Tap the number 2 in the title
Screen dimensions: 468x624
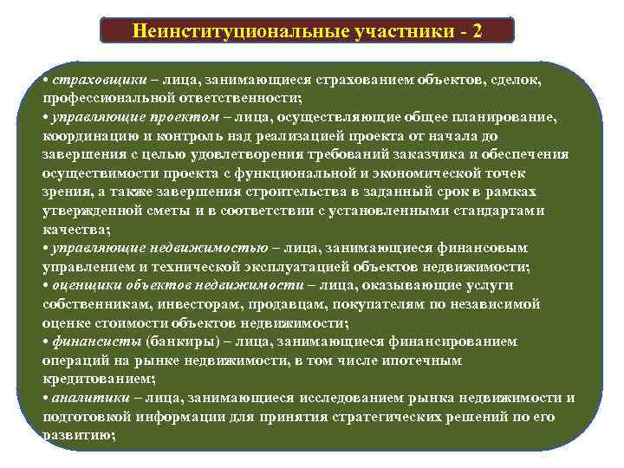(x=478, y=30)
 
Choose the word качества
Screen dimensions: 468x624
(x=74, y=229)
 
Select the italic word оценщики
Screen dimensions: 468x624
(x=81, y=284)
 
